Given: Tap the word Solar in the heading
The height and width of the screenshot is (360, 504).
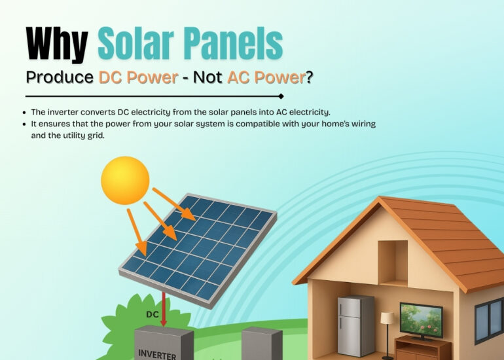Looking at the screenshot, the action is point(135,43).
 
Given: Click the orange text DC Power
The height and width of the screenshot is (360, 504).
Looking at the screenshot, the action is point(138,77).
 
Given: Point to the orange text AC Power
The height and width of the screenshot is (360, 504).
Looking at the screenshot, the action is point(266,77).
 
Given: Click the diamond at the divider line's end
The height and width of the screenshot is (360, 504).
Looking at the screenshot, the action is point(281,96).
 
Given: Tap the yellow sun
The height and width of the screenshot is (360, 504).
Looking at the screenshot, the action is point(125,180).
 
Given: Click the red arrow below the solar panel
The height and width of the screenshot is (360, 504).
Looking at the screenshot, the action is point(164,308).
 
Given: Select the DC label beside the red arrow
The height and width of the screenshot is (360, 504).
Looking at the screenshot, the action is point(153,314).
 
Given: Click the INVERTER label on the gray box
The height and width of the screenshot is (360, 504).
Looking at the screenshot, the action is point(157,354).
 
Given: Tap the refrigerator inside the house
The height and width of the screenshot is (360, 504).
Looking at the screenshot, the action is point(355,325).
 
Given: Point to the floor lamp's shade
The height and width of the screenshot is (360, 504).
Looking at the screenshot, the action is point(387,317).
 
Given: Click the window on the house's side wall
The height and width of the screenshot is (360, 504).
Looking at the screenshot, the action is point(489,321).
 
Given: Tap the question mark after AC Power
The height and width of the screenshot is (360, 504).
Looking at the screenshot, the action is point(309,77).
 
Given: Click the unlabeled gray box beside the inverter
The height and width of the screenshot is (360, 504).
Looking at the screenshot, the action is point(262,343).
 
